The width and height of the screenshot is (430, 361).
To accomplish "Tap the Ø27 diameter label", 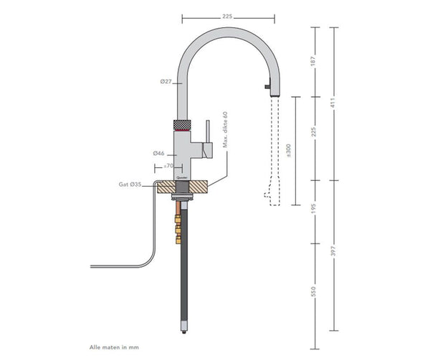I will point(165,83).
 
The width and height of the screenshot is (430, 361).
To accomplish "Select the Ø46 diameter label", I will point(159,154).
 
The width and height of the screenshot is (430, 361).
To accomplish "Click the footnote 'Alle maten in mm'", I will point(113,347).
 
